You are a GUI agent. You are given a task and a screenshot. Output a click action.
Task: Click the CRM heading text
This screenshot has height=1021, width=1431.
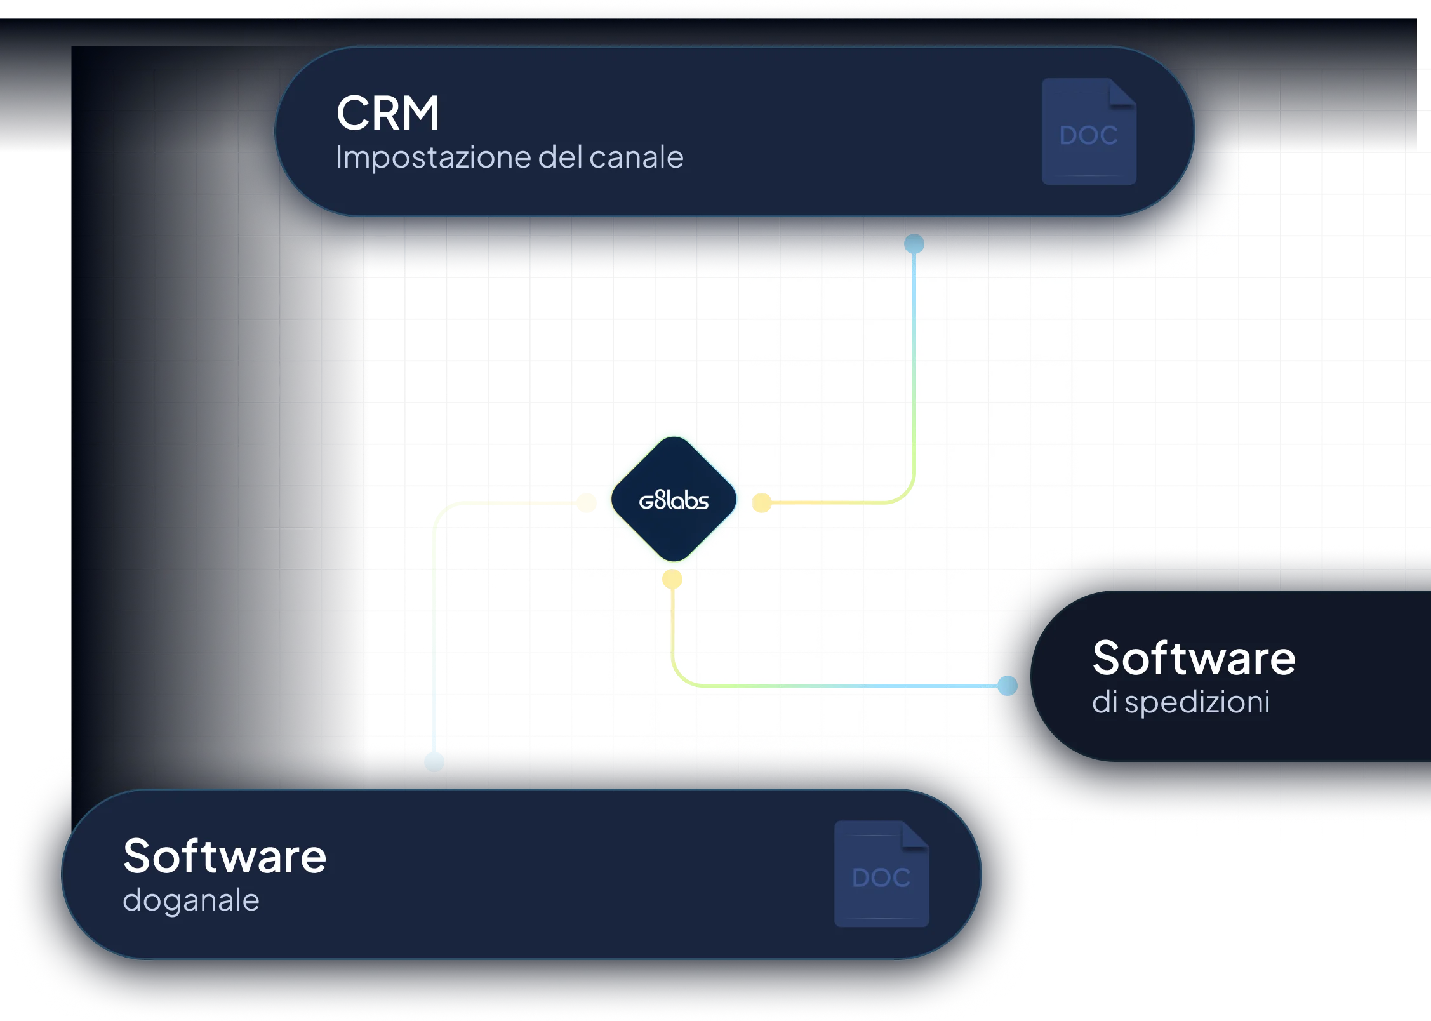pos(387,113)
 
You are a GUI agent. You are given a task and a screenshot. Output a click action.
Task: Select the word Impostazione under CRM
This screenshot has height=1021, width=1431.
pos(434,157)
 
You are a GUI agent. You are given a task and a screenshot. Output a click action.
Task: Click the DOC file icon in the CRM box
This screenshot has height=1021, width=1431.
pos(1089,131)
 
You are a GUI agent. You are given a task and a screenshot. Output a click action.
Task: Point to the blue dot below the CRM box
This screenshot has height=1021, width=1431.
pos(914,244)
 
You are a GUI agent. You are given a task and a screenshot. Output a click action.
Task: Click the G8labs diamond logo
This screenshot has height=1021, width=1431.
pos(674,500)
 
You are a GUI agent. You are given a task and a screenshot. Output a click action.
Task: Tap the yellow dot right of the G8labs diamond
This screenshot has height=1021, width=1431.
pos(762,503)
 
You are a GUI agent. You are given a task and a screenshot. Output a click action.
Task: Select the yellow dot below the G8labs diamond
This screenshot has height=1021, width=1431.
pos(672,579)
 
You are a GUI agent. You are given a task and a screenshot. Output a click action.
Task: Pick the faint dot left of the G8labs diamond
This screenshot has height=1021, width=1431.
pos(587,503)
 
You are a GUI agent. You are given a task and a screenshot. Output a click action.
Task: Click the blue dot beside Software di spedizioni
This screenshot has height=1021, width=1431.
pos(1008,686)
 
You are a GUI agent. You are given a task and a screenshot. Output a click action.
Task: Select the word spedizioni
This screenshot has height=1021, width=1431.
pos(1197,703)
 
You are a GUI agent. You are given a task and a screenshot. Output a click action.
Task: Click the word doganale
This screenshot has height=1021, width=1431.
pos(191,901)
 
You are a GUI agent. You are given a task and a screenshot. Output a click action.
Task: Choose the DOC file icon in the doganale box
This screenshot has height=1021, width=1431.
pos(881,874)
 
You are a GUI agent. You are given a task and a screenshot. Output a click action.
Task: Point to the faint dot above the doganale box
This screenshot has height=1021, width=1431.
pos(434,761)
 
